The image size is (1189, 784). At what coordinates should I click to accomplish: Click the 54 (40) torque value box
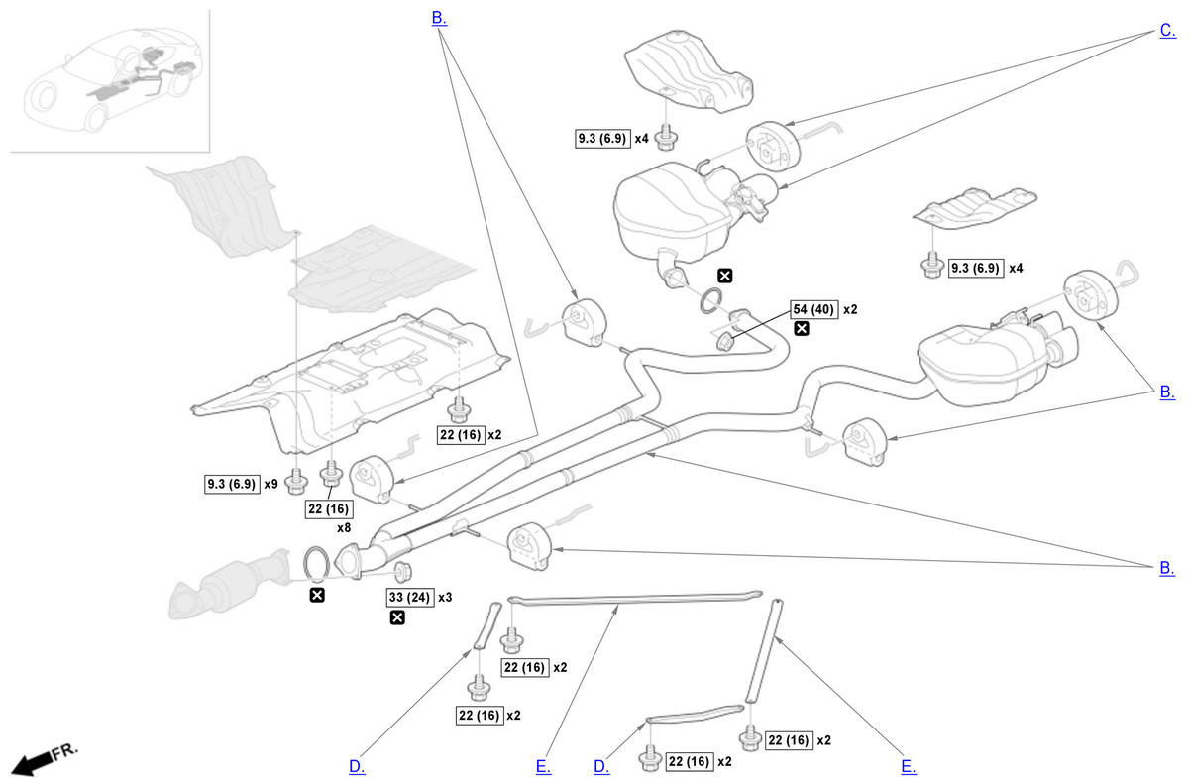tap(813, 309)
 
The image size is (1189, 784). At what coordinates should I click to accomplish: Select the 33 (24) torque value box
tap(409, 598)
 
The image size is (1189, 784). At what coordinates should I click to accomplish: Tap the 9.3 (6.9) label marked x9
tap(230, 485)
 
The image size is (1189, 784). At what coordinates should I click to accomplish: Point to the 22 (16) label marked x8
tap(329, 508)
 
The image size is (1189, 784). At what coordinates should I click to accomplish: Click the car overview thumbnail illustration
tap(110, 81)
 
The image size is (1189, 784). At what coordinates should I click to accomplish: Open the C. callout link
tap(1167, 31)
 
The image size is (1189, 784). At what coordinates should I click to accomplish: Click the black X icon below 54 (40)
tap(801, 329)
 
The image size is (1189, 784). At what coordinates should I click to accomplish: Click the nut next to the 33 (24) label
tap(402, 572)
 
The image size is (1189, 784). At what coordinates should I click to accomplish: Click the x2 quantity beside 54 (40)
tap(849, 309)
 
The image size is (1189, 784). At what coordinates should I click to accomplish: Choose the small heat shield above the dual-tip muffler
tap(974, 203)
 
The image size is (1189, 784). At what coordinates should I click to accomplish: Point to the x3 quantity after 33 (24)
tap(445, 598)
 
